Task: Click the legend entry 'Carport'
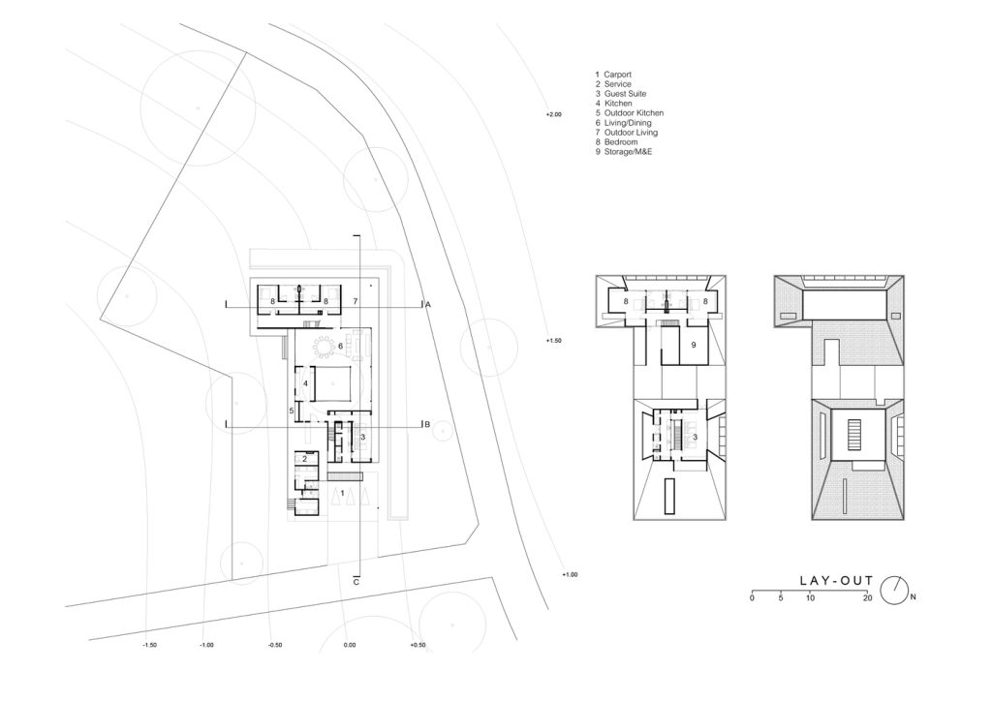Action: pyautogui.click(x=617, y=75)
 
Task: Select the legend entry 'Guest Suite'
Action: pyautogui.click(x=625, y=94)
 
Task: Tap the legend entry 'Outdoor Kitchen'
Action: pyautogui.click(x=634, y=113)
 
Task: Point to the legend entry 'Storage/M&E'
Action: pyautogui.click(x=628, y=152)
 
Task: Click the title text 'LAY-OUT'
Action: pyautogui.click(x=836, y=581)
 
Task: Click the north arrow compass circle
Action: pyautogui.click(x=894, y=591)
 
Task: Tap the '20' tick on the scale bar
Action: pyautogui.click(x=867, y=597)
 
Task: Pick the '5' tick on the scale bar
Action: pyautogui.click(x=781, y=597)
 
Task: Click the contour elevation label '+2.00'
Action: pyautogui.click(x=553, y=114)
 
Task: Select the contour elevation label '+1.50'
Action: pyautogui.click(x=553, y=341)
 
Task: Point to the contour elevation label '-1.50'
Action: pyautogui.click(x=149, y=646)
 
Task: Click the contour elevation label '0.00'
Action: pyautogui.click(x=349, y=646)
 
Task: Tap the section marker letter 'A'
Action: pyautogui.click(x=427, y=305)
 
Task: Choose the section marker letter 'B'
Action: pyautogui.click(x=427, y=425)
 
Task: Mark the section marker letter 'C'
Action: pyautogui.click(x=356, y=582)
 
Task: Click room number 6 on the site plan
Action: pyautogui.click(x=340, y=346)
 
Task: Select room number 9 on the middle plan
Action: pyautogui.click(x=694, y=345)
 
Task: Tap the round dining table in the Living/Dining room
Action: pyautogui.click(x=324, y=347)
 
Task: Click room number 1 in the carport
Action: pyautogui.click(x=342, y=492)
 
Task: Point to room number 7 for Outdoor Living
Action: pyautogui.click(x=355, y=301)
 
